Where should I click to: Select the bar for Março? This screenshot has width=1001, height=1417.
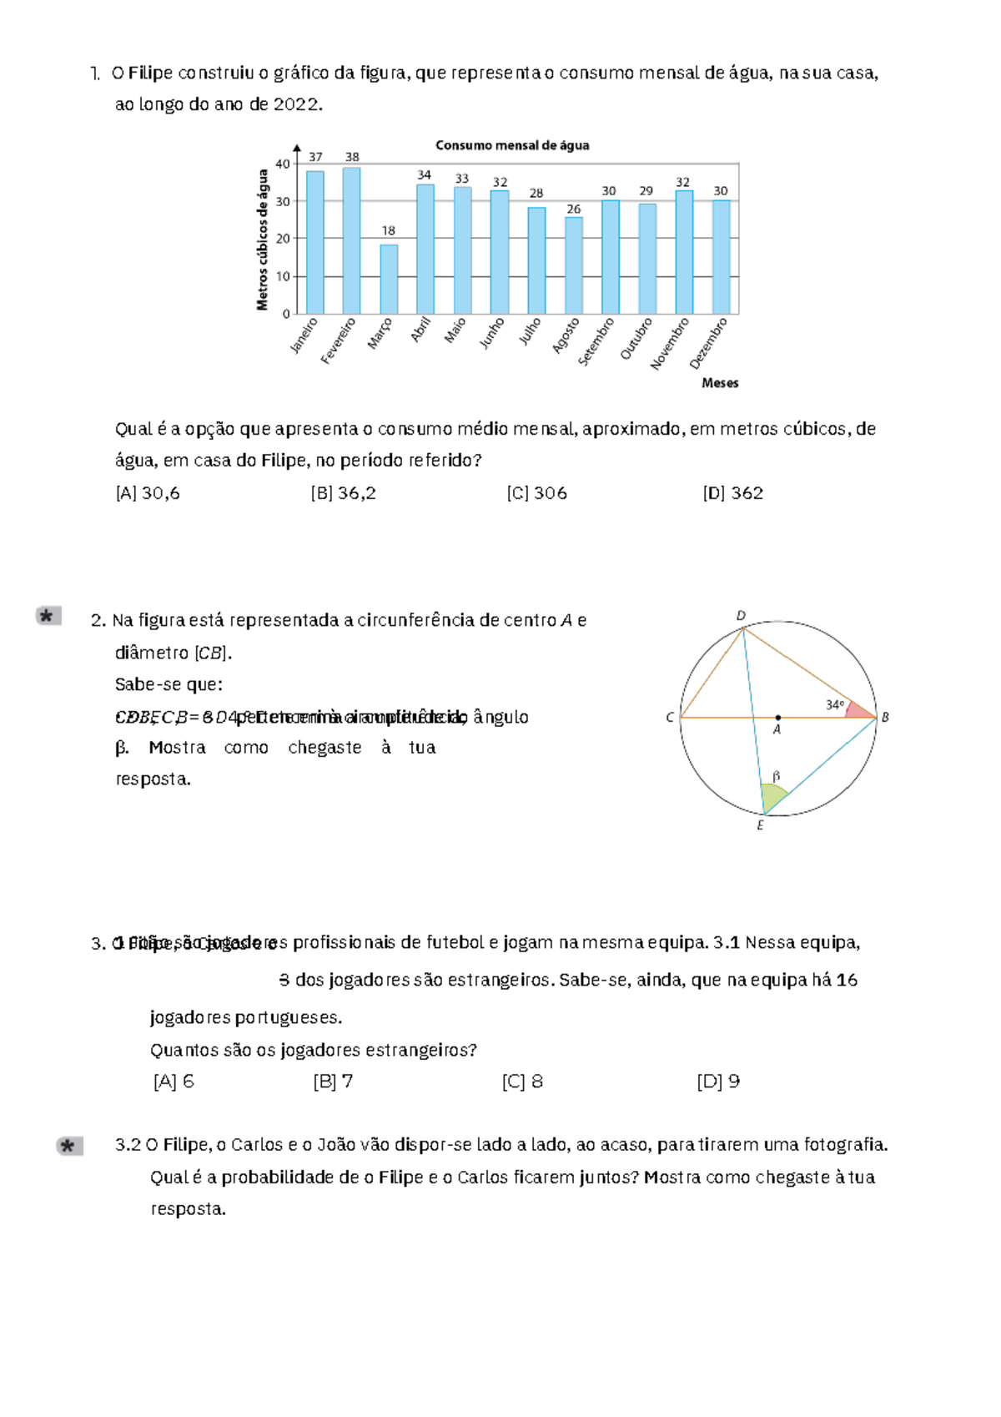tap(389, 279)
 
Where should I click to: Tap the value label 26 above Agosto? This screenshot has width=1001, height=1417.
tap(573, 209)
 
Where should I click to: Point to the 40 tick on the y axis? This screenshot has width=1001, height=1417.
tap(283, 164)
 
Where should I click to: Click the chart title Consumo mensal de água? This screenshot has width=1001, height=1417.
tap(512, 145)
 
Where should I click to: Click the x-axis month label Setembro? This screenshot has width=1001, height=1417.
tap(596, 341)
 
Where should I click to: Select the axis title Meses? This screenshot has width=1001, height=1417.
tap(720, 383)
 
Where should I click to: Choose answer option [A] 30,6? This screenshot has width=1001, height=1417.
tap(148, 493)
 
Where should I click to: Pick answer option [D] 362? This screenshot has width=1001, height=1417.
tap(732, 493)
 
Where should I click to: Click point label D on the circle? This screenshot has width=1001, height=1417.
tap(741, 616)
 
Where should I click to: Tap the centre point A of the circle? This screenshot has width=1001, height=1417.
tap(777, 718)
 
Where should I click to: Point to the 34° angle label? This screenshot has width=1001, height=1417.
tap(835, 705)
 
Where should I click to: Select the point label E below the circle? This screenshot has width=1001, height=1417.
tap(760, 825)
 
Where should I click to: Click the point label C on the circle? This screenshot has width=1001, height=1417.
tap(670, 718)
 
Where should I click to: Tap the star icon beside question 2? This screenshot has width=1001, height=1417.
tap(48, 616)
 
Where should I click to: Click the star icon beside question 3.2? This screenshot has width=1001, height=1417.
tap(69, 1146)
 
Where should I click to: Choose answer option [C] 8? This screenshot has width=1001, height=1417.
tap(522, 1082)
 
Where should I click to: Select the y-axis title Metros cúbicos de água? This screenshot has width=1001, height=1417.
tap(263, 240)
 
